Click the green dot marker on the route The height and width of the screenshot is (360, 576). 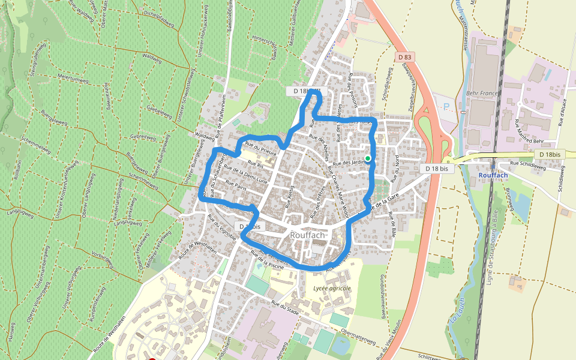point(368,158)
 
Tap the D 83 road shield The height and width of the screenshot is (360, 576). point(405,56)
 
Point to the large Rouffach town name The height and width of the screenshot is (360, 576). point(308,235)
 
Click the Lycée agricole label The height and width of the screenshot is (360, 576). point(332,289)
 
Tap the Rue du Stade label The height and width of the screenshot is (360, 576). point(284,307)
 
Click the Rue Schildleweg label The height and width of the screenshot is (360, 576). point(527,163)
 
